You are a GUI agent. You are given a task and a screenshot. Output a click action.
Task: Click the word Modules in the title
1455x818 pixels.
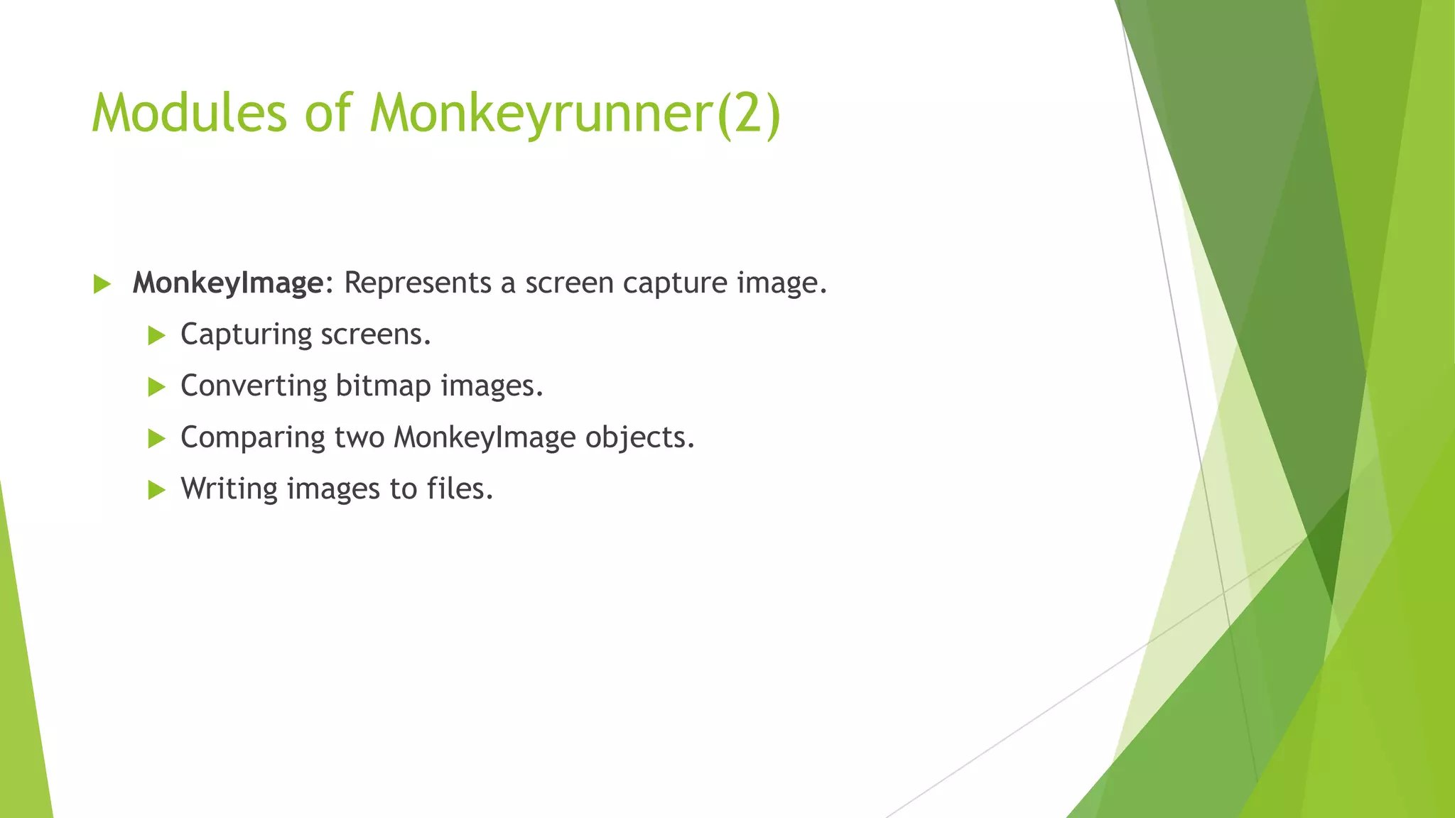point(189,113)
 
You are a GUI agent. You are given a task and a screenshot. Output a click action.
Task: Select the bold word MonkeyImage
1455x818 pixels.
point(228,283)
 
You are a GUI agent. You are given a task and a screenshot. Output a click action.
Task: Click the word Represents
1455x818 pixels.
point(418,283)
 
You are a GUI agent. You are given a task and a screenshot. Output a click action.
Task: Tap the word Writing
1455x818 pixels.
point(229,489)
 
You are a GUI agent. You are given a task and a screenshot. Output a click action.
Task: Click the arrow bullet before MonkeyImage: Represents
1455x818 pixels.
point(102,285)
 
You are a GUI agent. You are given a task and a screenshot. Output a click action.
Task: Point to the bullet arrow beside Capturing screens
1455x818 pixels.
point(156,336)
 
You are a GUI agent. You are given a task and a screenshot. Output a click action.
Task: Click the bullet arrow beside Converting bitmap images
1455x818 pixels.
point(156,388)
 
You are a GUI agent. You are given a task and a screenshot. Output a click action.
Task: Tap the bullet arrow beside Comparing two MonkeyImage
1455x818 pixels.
point(156,439)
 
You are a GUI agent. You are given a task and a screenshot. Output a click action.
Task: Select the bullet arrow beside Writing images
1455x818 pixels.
point(156,490)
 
